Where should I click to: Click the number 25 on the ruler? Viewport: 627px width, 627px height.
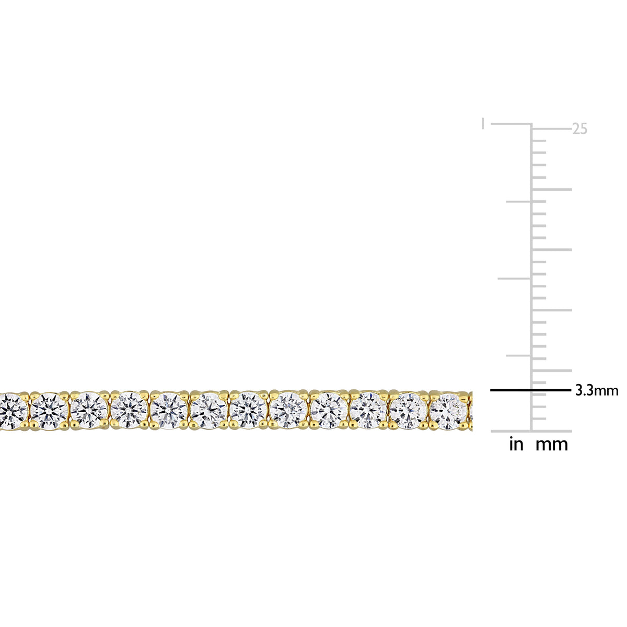tap(579, 129)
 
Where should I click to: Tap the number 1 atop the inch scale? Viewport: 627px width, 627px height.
tap(483, 124)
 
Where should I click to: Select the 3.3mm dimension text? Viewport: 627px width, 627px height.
tap(597, 390)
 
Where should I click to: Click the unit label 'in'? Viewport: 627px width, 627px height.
tap(516, 444)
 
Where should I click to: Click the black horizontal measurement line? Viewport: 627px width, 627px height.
tap(531, 390)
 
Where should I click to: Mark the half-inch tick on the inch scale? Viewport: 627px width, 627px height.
tap(514, 278)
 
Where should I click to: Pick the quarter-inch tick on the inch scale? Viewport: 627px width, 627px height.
tap(518, 356)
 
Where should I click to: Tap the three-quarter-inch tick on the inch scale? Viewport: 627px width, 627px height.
tap(518, 202)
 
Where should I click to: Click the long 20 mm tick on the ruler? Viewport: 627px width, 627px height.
tap(552, 189)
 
